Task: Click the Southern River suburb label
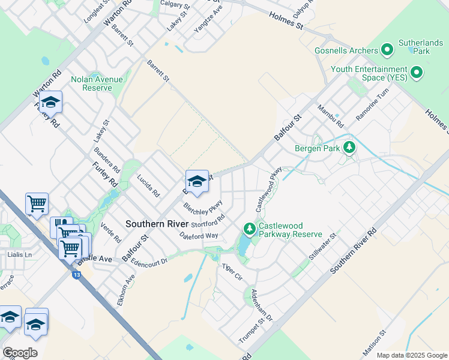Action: tap(155, 224)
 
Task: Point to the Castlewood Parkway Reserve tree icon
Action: tap(249, 229)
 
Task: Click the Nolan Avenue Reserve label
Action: tap(96, 83)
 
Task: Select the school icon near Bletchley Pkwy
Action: tap(197, 180)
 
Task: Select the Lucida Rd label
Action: tap(148, 185)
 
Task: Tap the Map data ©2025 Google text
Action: tap(412, 355)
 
